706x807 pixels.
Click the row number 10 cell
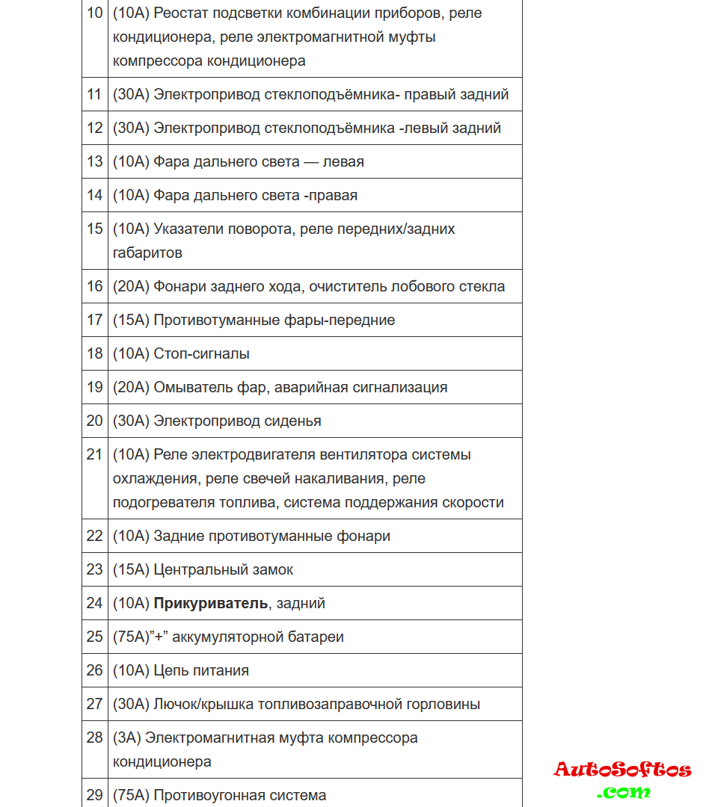pyautogui.click(x=94, y=13)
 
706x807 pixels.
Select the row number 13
pyautogui.click(x=94, y=161)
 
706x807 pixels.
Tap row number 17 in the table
pyautogui.click(x=94, y=320)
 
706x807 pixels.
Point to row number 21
pyautogui.click(x=94, y=454)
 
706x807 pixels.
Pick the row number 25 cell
pyautogui.click(x=94, y=637)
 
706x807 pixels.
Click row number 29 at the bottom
pyautogui.click(x=94, y=795)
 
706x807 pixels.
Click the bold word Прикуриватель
pyautogui.click(x=210, y=603)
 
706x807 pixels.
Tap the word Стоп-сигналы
pyautogui.click(x=201, y=353)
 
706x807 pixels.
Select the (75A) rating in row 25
pyautogui.click(x=131, y=637)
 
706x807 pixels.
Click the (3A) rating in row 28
pyautogui.click(x=126, y=738)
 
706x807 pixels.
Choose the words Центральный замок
pyautogui.click(x=223, y=569)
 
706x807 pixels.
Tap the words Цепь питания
pyautogui.click(x=200, y=670)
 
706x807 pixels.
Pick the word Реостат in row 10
pyautogui.click(x=182, y=13)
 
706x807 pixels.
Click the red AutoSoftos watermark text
pyautogui.click(x=622, y=770)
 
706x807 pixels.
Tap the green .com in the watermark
pyautogui.click(x=624, y=791)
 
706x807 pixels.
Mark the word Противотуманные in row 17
pyautogui.click(x=206, y=320)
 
